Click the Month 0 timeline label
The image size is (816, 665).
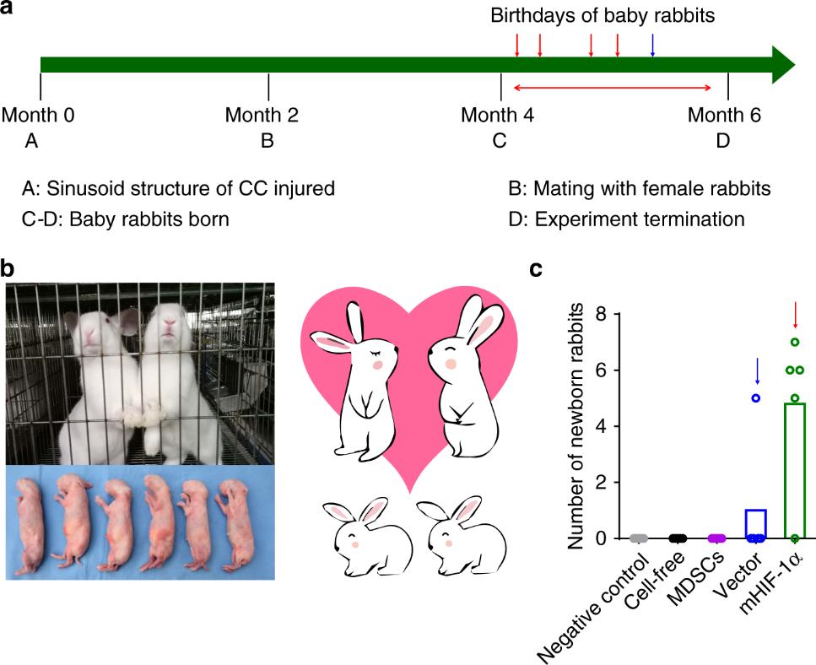click(39, 115)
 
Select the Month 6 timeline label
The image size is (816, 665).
click(724, 115)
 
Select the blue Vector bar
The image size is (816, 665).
click(756, 523)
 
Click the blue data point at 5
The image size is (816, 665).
click(756, 397)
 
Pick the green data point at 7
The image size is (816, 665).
click(794, 342)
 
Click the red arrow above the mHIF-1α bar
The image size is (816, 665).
click(795, 315)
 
